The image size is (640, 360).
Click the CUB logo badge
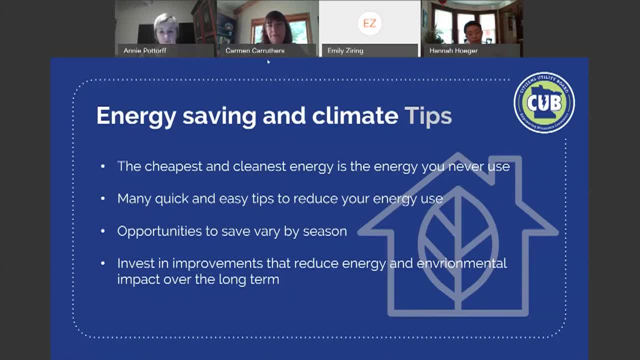click(544, 102)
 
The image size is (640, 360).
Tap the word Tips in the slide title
click(428, 115)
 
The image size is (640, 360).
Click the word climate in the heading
click(355, 115)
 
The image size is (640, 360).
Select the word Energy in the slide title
click(136, 115)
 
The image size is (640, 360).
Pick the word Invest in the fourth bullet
click(132, 263)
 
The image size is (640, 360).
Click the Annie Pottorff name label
click(145, 50)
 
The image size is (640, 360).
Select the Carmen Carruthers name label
click(255, 50)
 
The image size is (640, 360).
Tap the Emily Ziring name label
click(345, 50)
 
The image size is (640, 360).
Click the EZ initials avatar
click(369, 23)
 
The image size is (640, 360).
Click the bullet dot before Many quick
click(103, 199)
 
